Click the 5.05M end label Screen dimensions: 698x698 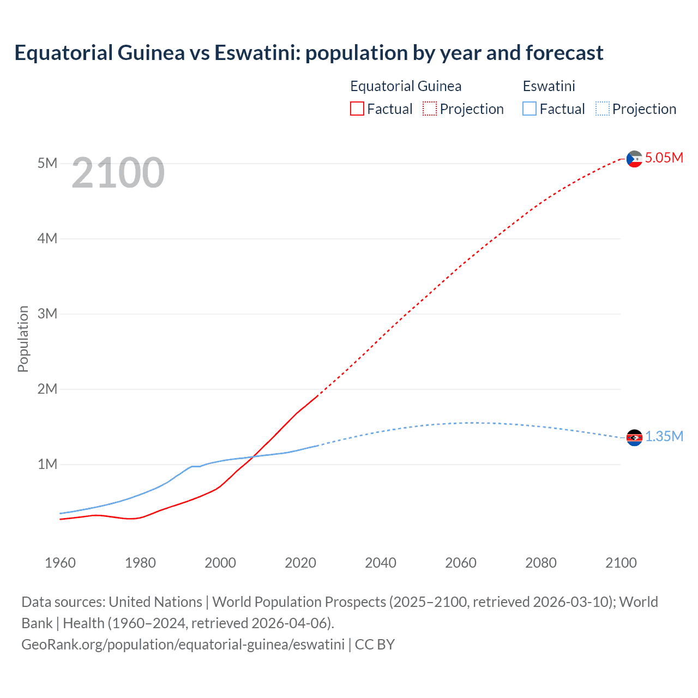[664, 158]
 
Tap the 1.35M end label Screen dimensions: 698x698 [664, 437]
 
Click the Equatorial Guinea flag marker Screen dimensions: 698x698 [634, 159]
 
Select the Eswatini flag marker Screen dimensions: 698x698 [634, 437]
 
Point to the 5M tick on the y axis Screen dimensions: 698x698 [47, 164]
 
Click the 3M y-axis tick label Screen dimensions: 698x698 [47, 314]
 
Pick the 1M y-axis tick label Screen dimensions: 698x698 [47, 465]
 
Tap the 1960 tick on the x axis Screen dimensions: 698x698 [60, 563]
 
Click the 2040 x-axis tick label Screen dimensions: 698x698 [381, 563]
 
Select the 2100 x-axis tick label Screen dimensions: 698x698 [621, 563]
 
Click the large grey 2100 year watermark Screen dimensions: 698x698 [118, 173]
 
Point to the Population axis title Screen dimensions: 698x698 [23, 339]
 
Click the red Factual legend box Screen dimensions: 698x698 [357, 109]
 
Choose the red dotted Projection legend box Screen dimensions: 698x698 [430, 109]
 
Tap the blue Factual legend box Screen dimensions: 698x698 [529, 109]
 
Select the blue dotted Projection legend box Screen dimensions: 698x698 [602, 109]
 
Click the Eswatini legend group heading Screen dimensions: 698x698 [549, 87]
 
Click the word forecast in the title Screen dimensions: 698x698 [564, 53]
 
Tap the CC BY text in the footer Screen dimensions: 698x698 [375, 645]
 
